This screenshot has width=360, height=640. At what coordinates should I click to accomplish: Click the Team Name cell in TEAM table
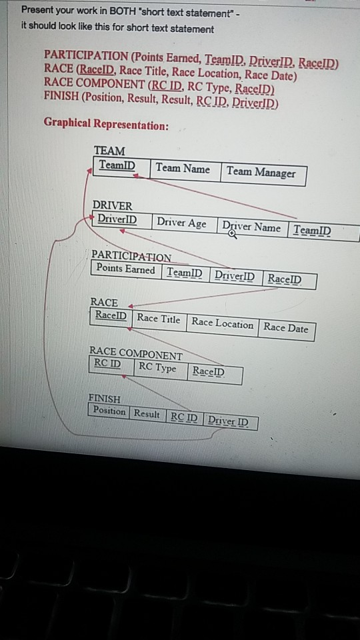point(183,169)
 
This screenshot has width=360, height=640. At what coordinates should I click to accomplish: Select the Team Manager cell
point(261,172)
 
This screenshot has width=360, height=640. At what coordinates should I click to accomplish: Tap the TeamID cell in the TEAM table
point(117,165)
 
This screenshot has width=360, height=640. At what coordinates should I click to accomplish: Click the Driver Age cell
point(182,223)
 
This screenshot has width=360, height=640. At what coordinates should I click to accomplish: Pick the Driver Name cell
point(251,227)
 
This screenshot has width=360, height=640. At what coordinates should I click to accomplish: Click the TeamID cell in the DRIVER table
point(312,231)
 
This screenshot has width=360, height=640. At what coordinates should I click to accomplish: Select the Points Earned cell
point(125,269)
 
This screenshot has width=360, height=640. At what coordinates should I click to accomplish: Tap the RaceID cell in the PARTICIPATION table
point(284,279)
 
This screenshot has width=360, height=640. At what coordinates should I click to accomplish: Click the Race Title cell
point(159,319)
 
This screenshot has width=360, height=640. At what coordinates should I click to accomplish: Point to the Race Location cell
point(223,323)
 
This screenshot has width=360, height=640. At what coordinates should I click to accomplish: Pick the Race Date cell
point(286,327)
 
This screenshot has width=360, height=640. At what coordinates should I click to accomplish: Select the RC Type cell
point(157,368)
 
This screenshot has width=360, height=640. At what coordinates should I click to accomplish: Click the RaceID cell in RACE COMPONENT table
point(208,371)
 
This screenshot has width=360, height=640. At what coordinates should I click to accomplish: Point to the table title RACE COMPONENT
point(135,353)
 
